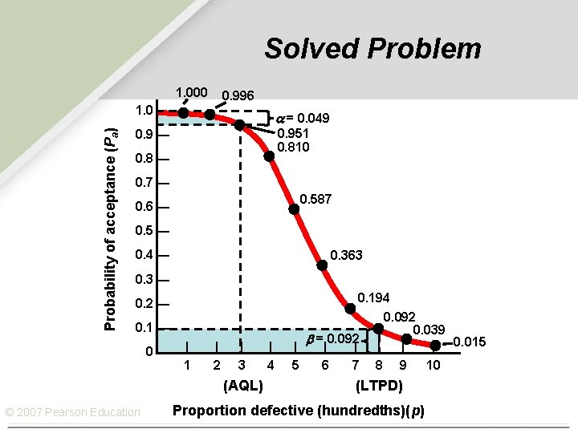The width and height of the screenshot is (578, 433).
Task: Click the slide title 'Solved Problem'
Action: [372, 48]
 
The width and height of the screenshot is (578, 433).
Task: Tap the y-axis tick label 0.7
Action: [144, 184]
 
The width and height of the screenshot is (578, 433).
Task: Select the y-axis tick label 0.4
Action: [144, 256]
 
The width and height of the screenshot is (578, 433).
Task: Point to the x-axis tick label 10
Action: [433, 366]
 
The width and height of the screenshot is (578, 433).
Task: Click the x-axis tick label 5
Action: [295, 366]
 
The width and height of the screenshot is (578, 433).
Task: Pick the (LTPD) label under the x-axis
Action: [379, 386]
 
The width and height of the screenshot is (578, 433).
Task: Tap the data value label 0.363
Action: [346, 255]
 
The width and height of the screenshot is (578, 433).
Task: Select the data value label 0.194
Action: [373, 297]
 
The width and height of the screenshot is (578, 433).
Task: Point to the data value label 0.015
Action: [470, 342]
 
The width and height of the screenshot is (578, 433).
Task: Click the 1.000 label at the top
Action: [192, 92]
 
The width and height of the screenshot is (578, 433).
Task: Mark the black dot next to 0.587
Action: [294, 209]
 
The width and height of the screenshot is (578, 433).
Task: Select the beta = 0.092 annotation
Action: [332, 339]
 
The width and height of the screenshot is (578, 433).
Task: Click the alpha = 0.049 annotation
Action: [303, 119]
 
